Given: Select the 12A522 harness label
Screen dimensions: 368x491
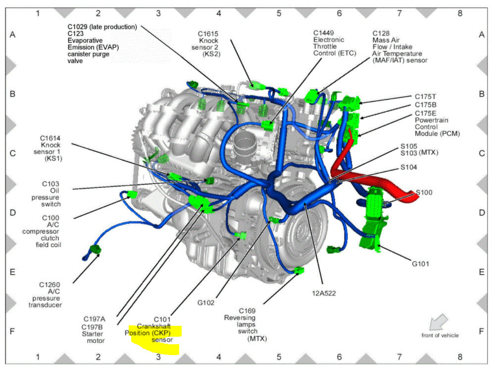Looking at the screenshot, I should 325,293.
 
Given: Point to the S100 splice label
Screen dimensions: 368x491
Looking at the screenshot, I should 424,192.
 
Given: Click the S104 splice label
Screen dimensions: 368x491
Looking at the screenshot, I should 408,167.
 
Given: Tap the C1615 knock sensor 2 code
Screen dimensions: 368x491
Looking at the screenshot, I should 208,33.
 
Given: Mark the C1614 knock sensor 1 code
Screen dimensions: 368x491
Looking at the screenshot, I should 51,137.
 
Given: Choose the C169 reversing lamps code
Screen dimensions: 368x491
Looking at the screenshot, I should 248,310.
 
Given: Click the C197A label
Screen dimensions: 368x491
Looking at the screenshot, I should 95,319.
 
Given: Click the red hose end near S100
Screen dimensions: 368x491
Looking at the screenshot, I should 414,199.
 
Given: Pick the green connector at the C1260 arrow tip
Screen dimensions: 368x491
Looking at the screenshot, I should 95,249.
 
